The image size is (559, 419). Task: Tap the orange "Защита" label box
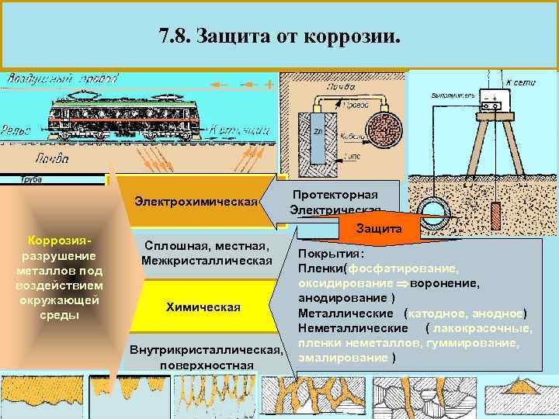click(378, 229)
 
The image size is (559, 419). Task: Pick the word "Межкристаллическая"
click(207, 260)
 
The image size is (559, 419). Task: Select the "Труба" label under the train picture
click(32, 179)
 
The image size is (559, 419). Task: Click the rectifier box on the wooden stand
click(491, 99)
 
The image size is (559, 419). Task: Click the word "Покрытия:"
click(331, 254)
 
